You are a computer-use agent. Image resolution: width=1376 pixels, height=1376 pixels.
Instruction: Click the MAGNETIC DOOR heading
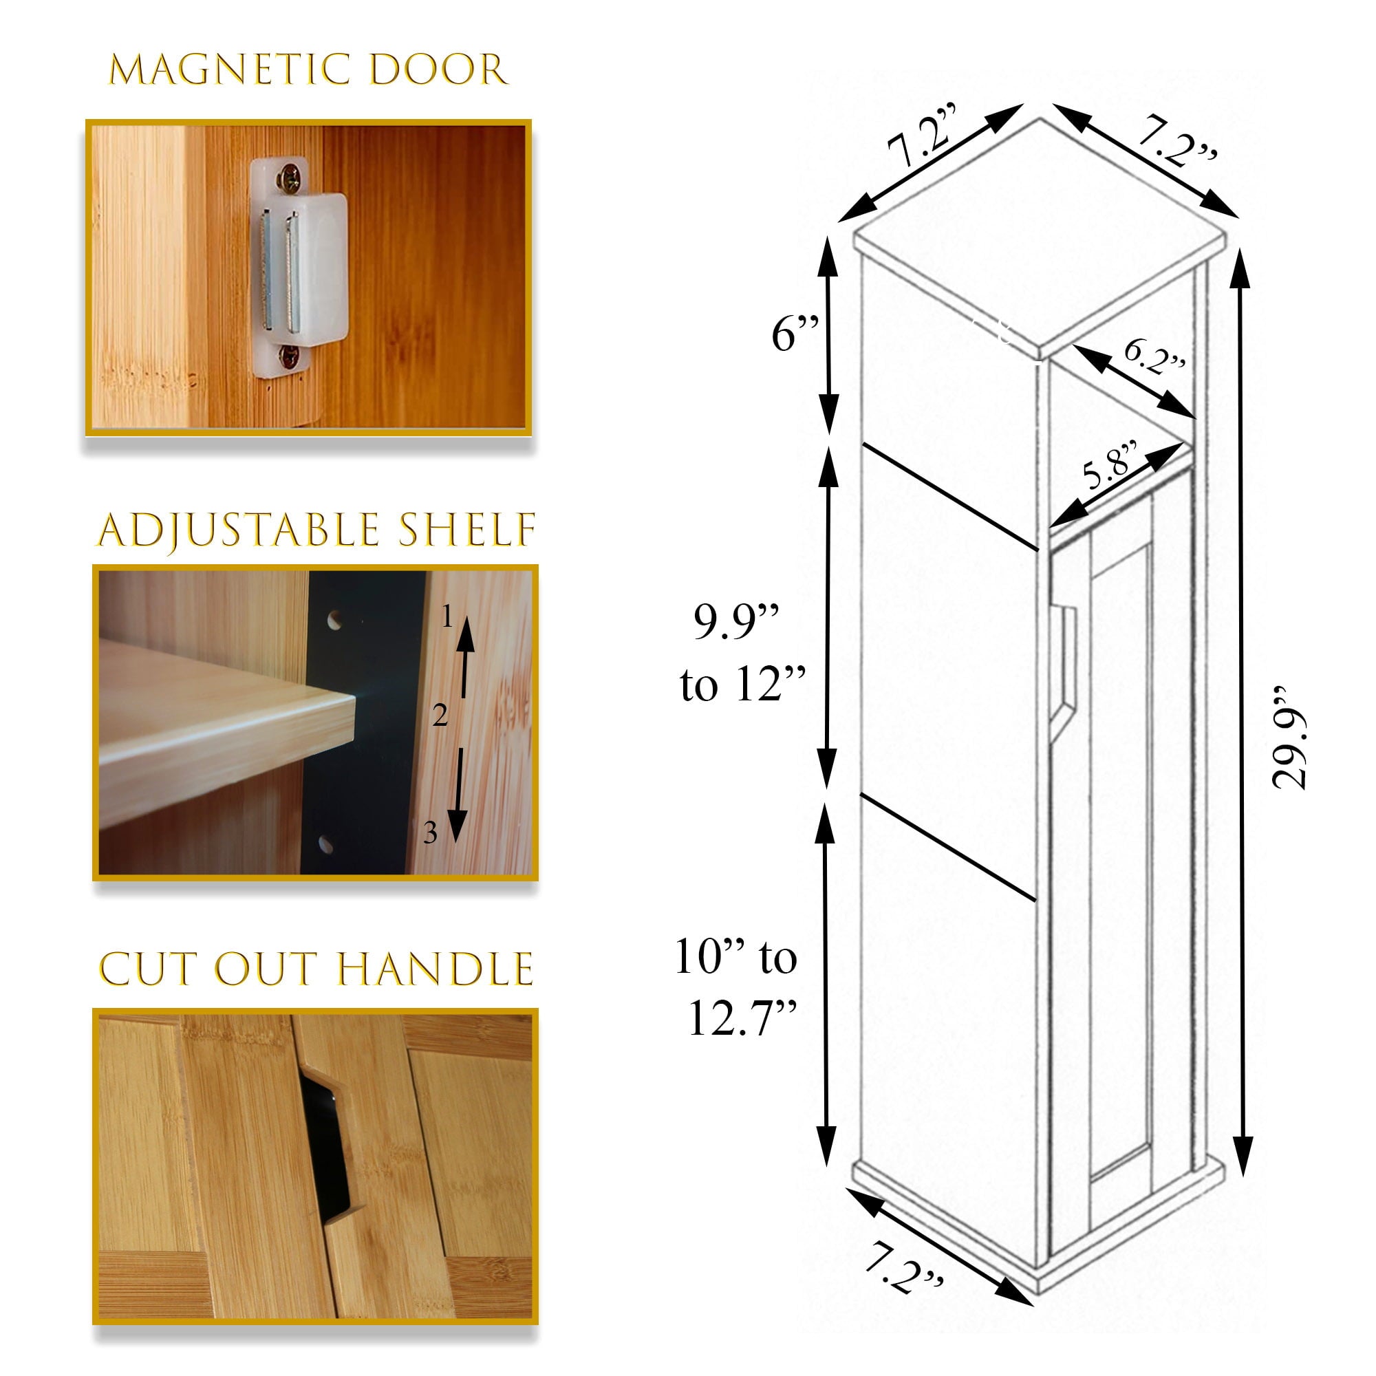(x=308, y=69)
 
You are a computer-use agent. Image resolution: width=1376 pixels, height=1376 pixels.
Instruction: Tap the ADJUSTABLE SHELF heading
(x=316, y=530)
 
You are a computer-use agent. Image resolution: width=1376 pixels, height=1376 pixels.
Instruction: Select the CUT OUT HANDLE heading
(x=316, y=969)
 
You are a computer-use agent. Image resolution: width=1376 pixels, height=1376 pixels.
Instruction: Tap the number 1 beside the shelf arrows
(x=447, y=616)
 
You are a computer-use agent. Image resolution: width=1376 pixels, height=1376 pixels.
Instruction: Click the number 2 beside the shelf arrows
(x=440, y=715)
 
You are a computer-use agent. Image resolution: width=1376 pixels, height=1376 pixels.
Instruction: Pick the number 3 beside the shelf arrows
(x=430, y=832)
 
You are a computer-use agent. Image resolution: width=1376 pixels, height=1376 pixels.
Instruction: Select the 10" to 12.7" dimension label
(x=736, y=987)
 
